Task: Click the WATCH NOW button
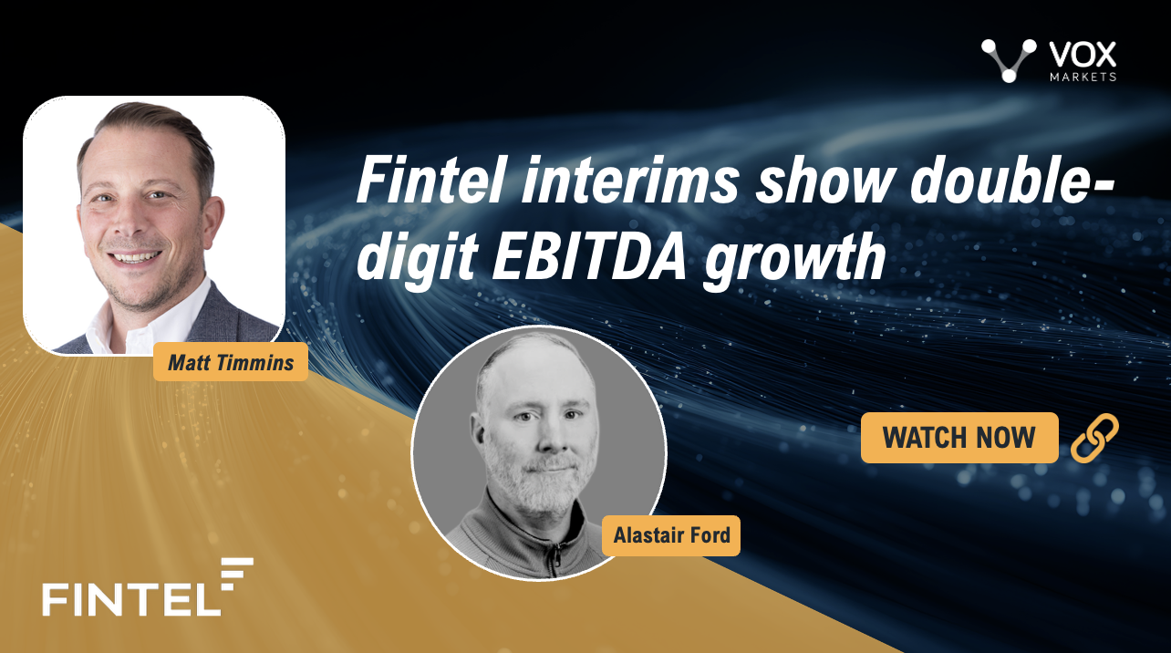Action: point(959,438)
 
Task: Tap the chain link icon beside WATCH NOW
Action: point(1094,438)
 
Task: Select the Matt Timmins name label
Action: point(231,362)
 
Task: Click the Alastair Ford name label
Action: point(671,535)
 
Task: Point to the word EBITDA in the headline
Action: point(588,256)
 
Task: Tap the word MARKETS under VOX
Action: point(1083,77)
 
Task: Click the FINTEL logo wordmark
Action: point(131,600)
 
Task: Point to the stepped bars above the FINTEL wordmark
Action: point(237,574)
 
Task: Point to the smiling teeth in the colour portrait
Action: point(137,257)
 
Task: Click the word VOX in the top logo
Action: point(1083,56)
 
